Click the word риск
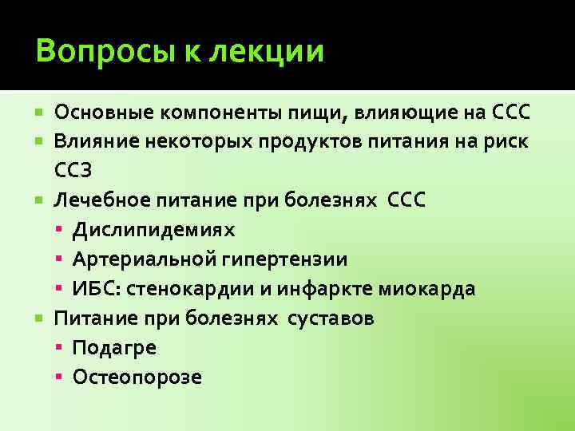505,142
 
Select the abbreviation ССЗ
73,171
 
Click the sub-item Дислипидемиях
153,230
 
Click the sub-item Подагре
114,348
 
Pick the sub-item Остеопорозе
137,377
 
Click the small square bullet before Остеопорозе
61,377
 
